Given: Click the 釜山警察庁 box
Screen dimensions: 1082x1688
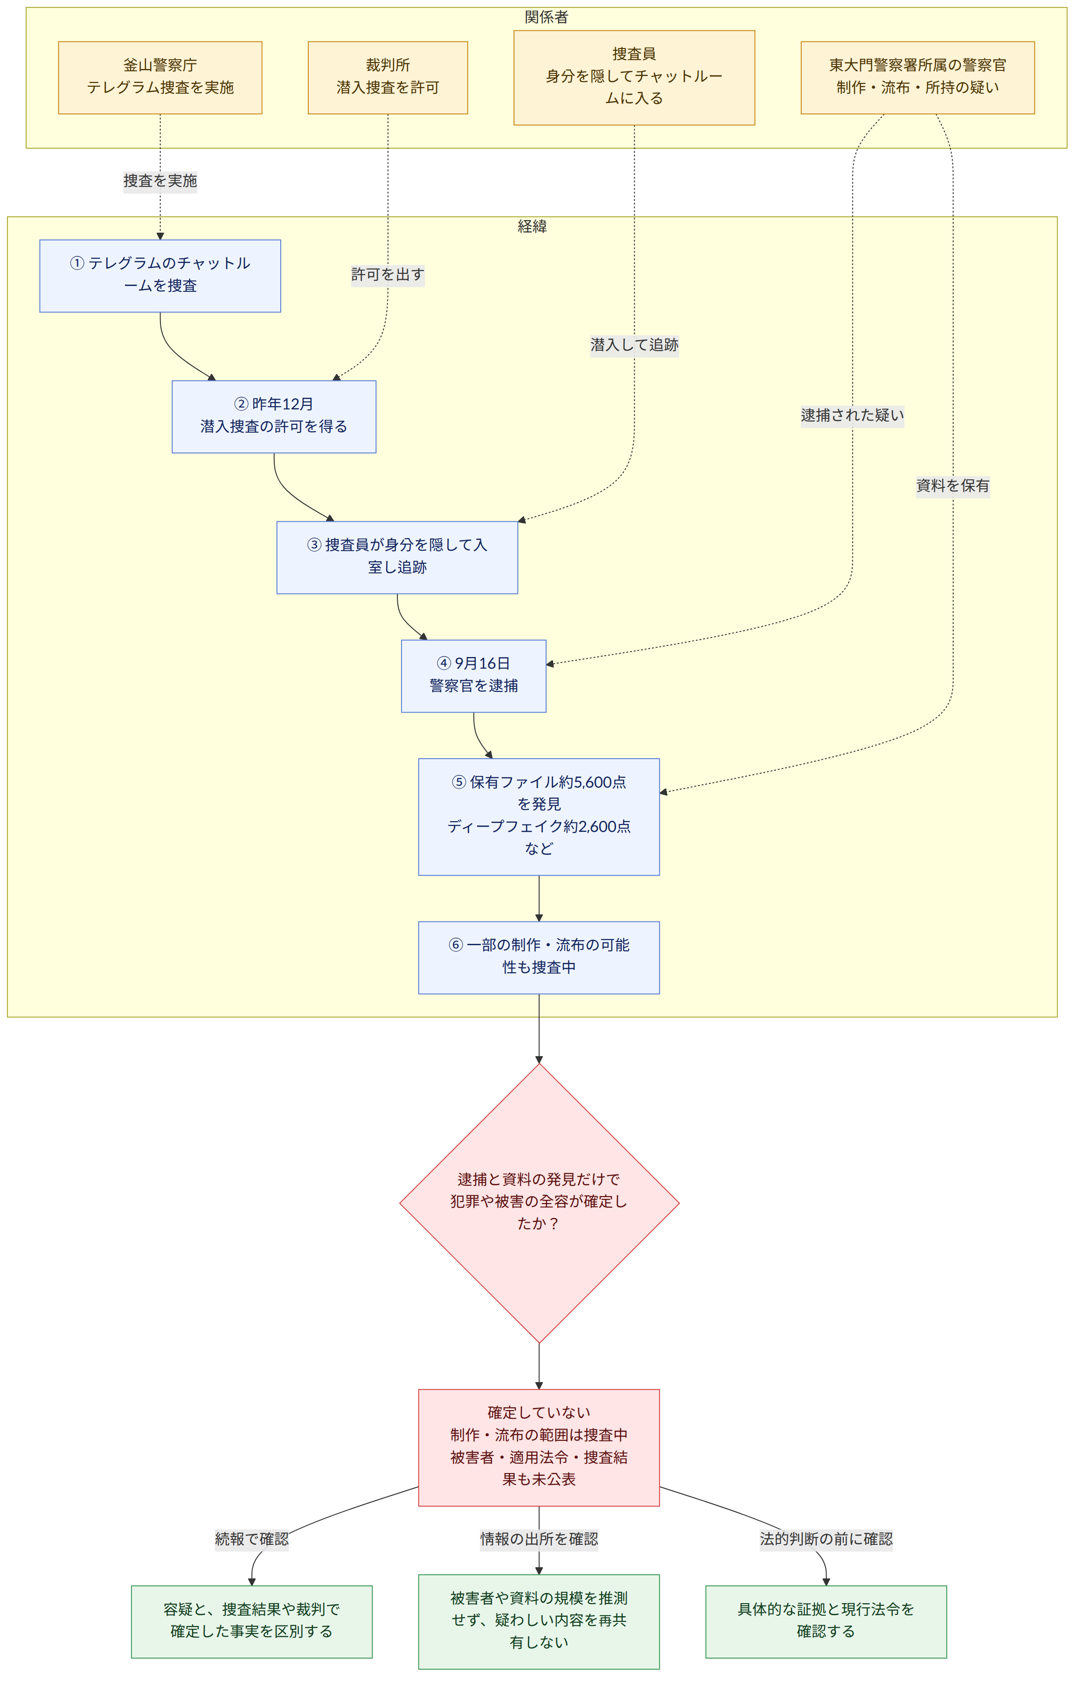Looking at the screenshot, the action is tap(160, 77).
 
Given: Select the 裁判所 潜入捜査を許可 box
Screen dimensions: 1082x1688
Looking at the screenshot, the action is tap(388, 77).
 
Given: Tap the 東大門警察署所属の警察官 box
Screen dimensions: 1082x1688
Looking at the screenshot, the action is tap(917, 77).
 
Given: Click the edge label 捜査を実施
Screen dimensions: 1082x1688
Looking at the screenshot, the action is tap(160, 181).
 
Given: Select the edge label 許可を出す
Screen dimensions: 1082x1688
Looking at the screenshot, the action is tap(388, 275).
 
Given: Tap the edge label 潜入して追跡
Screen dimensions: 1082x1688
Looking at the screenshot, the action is tap(634, 345).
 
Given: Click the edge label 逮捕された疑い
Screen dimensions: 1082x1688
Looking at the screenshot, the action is tap(852, 415).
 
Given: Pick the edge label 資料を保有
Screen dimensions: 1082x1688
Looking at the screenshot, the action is tap(953, 485).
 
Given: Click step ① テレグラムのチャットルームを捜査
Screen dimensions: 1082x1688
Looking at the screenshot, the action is tap(160, 276).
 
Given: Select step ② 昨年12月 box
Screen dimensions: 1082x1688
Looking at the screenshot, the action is tap(274, 416).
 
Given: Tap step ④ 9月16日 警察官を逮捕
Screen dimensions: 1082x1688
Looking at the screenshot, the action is tap(473, 676).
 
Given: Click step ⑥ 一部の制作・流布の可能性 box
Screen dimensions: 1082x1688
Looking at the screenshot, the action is tap(539, 957).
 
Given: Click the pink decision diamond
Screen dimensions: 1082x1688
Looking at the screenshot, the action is tap(539, 1204).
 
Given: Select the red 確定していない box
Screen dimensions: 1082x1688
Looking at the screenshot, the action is tap(539, 1448).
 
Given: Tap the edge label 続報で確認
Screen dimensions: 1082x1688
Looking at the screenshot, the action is tap(251, 1539).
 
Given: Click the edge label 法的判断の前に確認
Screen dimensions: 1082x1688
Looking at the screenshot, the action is tap(826, 1539).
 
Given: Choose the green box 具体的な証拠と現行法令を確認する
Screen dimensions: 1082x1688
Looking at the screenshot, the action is tap(826, 1622).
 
